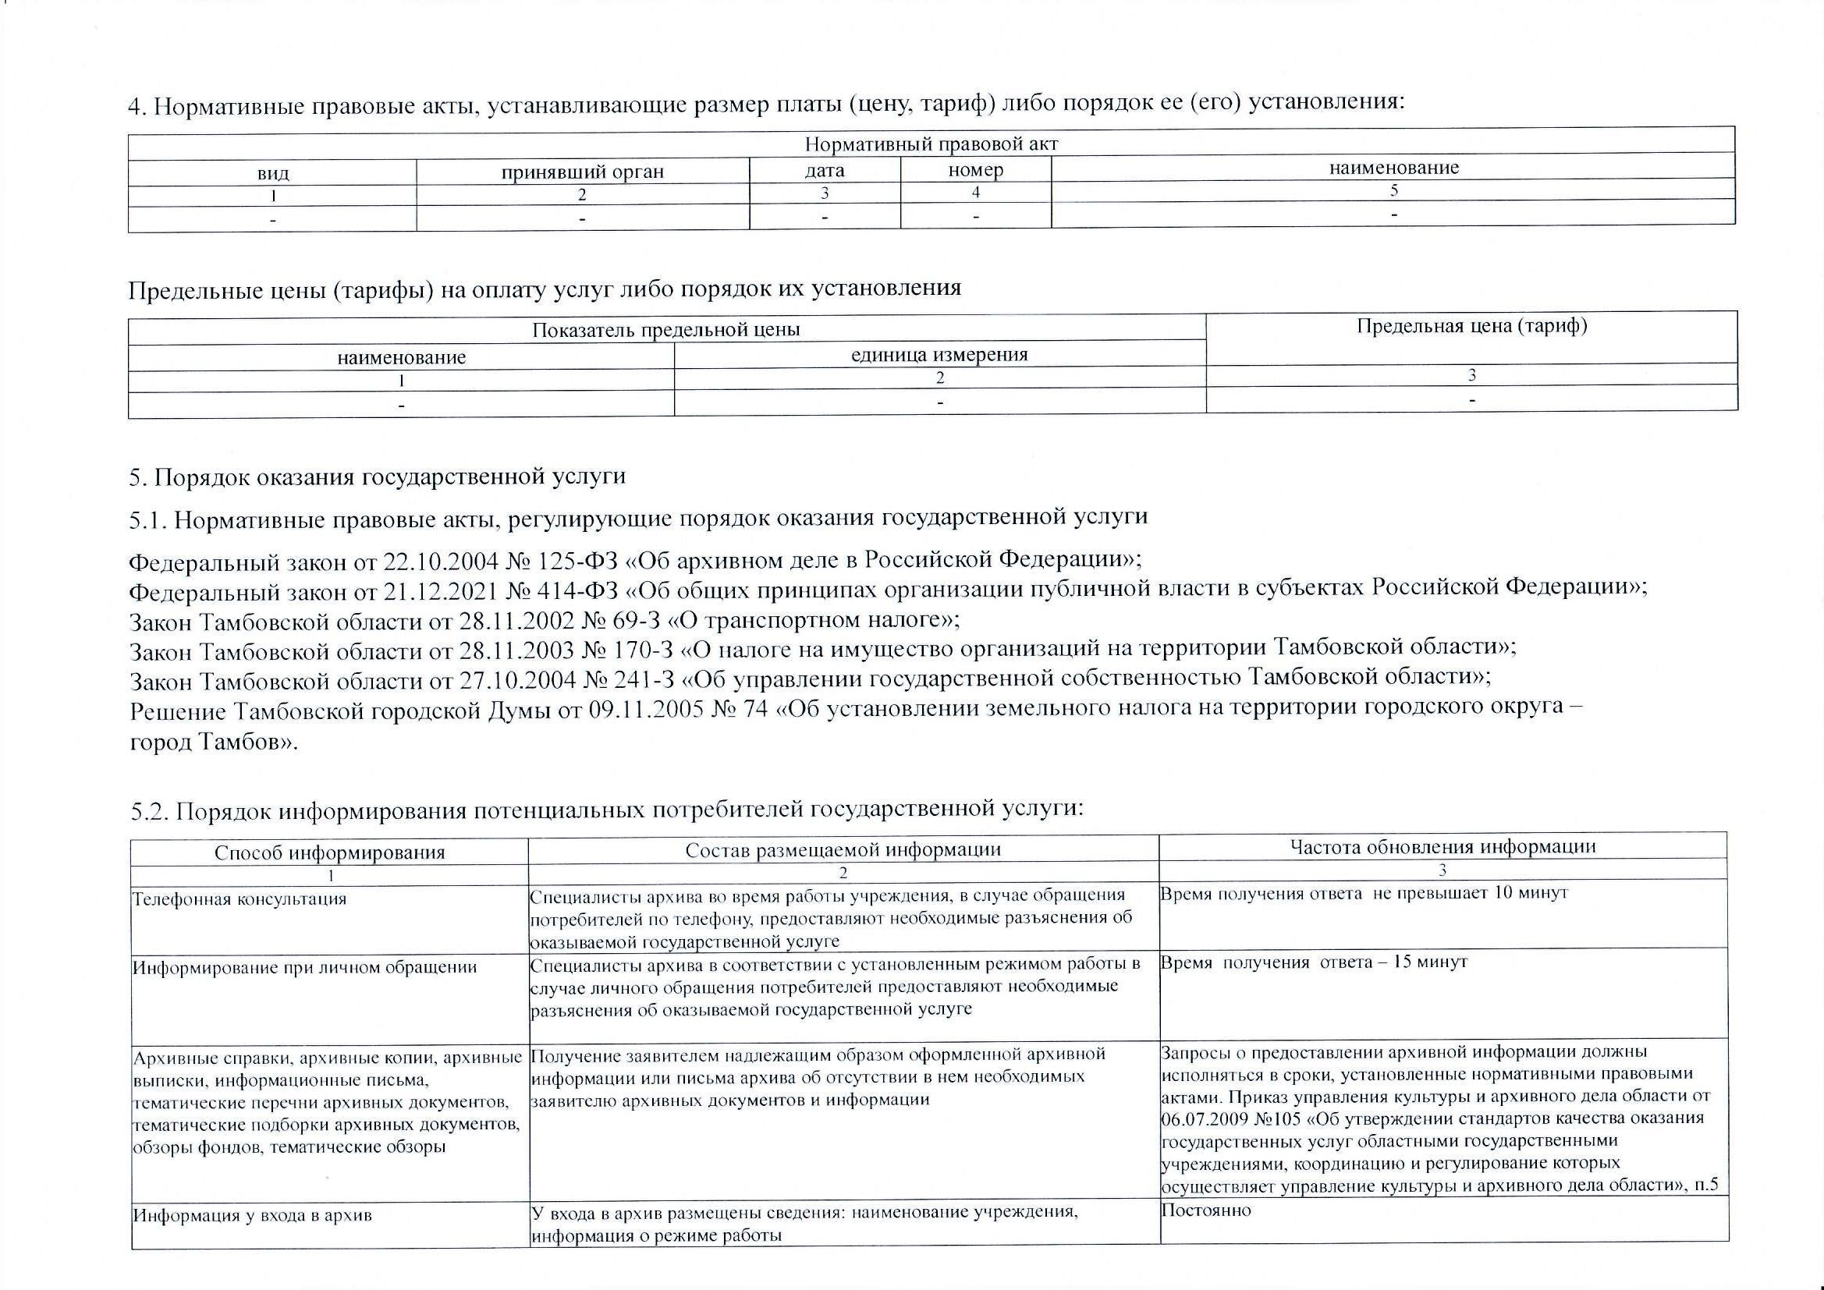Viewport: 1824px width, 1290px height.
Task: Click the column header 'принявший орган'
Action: coord(581,172)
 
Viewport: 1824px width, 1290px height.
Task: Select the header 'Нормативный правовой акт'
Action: coord(931,144)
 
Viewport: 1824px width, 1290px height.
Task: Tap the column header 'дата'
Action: coord(825,170)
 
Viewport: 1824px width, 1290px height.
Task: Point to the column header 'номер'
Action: coord(975,169)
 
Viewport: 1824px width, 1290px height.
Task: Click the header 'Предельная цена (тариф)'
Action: coord(1471,326)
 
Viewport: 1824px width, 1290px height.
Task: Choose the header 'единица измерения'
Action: coord(939,354)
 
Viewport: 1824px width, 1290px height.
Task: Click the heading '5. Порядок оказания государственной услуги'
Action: coord(378,477)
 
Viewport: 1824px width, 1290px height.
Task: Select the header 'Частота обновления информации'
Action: coord(1443,846)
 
